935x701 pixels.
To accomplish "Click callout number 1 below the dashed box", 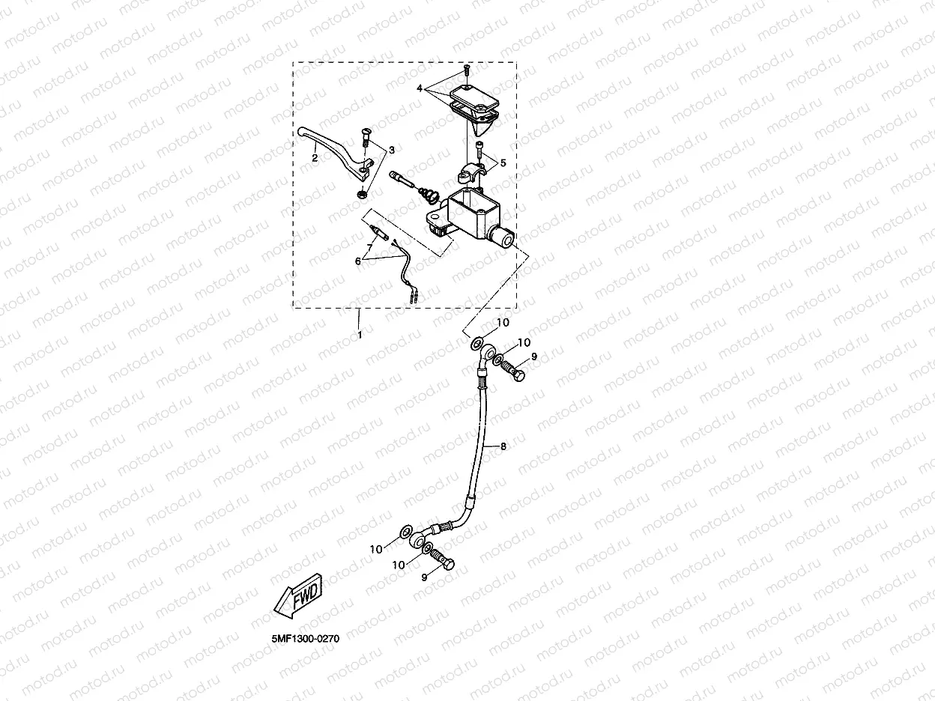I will (x=360, y=335).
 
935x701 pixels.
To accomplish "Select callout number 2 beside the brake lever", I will (x=315, y=157).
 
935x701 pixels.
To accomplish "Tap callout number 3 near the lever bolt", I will (x=390, y=151).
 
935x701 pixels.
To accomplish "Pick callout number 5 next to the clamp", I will (x=503, y=162).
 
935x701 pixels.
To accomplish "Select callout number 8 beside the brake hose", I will (x=503, y=446).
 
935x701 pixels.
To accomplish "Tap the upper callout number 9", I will (x=534, y=357).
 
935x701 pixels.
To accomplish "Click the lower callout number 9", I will (x=423, y=576).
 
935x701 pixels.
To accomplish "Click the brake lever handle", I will (x=330, y=142).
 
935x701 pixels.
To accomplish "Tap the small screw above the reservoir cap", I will (x=466, y=71).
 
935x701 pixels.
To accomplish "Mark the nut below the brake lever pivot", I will (x=360, y=193).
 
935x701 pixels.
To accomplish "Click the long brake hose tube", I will (x=480, y=442).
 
